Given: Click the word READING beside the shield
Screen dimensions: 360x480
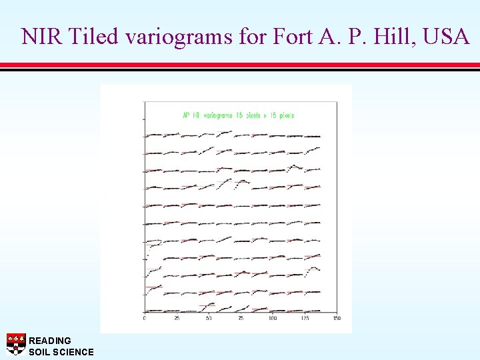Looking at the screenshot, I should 50,341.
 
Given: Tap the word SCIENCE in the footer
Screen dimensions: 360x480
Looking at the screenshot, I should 75,351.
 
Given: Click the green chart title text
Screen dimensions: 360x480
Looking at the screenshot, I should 238,115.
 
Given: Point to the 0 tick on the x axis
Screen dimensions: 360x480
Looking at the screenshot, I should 145,319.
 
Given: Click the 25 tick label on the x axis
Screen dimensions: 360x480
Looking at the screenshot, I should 177,319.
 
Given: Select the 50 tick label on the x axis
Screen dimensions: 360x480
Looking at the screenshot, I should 209,319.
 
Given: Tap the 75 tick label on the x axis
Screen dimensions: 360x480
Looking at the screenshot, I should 241,319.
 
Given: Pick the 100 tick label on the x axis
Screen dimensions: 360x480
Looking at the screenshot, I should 273,319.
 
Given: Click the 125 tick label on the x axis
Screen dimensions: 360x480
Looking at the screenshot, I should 305,319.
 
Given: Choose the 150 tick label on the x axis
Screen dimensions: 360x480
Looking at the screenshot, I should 337,319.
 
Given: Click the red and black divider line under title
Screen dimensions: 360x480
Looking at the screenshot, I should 240,66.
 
